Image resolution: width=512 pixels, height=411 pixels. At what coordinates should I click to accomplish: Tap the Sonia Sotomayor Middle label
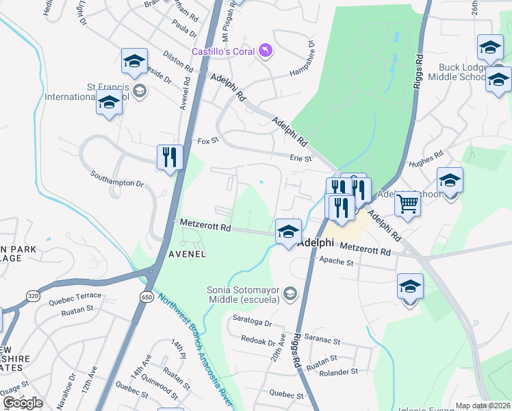pyautogui.click(x=244, y=294)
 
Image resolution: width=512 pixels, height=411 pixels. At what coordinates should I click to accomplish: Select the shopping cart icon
pyautogui.click(x=408, y=203)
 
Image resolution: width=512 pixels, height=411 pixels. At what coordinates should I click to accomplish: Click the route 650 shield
pyautogui.click(x=147, y=296)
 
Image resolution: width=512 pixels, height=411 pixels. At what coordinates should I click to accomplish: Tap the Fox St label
pyautogui.click(x=207, y=141)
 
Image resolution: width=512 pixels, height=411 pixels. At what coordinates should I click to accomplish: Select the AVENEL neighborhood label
pyautogui.click(x=188, y=254)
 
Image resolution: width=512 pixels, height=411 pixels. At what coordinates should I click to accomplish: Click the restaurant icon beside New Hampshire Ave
pyautogui.click(x=169, y=158)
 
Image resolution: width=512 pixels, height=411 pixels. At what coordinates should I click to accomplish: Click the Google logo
pyautogui.click(x=23, y=403)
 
